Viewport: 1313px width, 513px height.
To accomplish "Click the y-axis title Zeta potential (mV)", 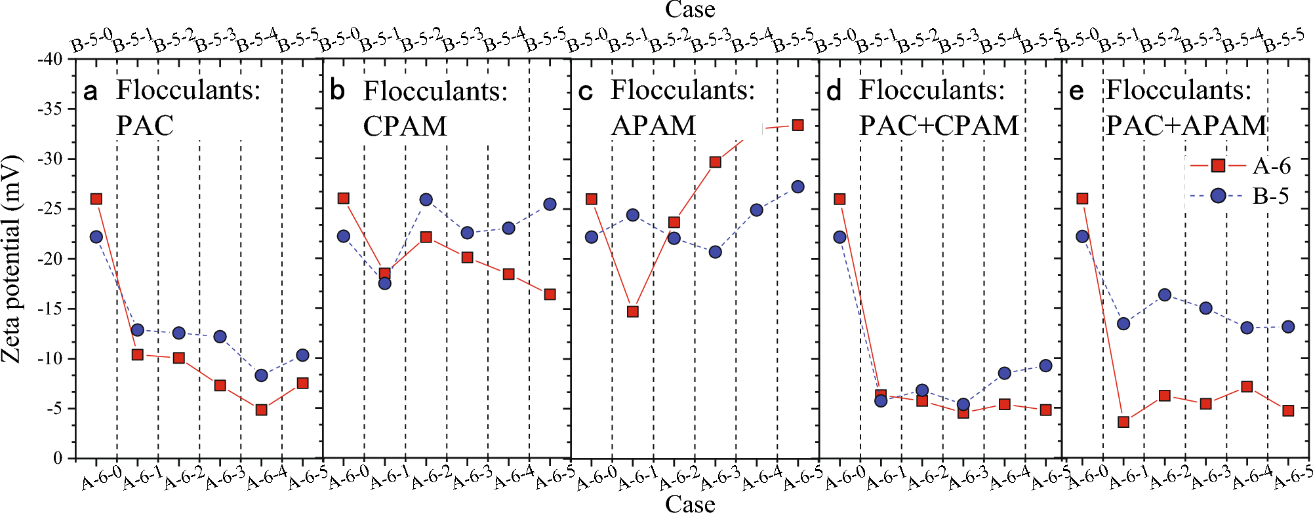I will tap(12, 259).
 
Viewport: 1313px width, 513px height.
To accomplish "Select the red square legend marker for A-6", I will tap(1218, 166).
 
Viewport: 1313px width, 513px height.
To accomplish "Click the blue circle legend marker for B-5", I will tap(1218, 195).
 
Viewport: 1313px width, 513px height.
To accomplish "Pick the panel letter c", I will tap(586, 92).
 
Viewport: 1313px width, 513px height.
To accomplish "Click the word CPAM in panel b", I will tap(405, 126).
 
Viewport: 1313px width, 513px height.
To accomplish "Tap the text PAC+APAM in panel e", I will tap(1186, 125).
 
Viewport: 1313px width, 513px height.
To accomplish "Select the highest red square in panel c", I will tap(798, 125).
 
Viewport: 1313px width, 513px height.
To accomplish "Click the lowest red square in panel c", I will tap(633, 311).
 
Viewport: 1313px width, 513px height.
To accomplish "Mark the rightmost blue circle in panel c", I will tap(798, 187).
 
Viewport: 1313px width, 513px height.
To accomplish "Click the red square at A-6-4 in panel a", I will tap(261, 410).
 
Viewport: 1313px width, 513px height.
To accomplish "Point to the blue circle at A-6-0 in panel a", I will tap(96, 237).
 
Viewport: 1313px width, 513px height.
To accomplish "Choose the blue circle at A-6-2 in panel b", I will tap(426, 200).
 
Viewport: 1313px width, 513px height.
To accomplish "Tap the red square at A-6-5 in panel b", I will tap(550, 295).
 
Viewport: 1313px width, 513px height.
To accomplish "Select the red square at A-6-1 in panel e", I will tap(1123, 422).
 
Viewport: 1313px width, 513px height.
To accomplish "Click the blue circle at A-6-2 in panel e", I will tap(1165, 295).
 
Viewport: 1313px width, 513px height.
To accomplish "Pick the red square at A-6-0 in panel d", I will tap(839, 199).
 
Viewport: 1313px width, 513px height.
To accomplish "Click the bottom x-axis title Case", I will tap(690, 504).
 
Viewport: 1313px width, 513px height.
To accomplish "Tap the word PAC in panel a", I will tap(145, 125).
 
